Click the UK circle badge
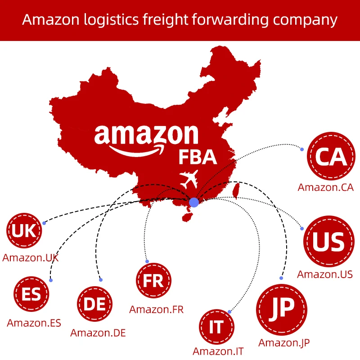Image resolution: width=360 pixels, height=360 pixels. pos(24,231)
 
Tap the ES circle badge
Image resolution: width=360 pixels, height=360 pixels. pos(31,295)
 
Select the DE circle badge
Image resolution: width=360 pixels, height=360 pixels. pos(95,305)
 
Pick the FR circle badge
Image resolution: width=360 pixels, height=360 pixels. pos(153,281)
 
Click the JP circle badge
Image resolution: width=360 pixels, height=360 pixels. pos(282,309)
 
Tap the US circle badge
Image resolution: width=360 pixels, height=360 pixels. pos(328,242)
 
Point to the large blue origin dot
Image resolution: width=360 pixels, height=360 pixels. pos(194,202)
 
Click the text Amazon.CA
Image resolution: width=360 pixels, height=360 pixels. pos(325,188)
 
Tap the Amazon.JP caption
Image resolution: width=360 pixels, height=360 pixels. pos(284,342)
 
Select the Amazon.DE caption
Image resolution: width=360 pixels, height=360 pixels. pos(98,333)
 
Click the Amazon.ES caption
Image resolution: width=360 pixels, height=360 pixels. pos(34,323)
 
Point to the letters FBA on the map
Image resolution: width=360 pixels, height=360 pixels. pos(198,157)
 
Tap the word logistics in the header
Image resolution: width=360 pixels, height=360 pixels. pos(105,20)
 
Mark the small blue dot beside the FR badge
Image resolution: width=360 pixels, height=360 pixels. pos(147,261)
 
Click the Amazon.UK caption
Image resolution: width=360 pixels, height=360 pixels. pos(30,258)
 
